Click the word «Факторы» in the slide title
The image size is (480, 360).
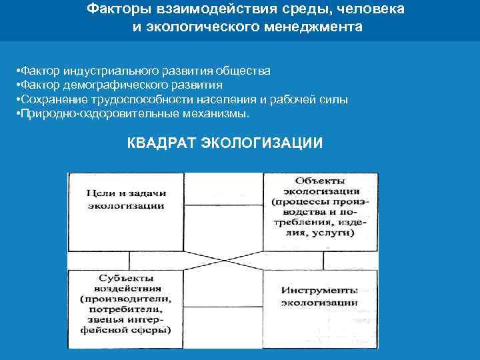114,10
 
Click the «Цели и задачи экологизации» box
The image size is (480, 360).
126,199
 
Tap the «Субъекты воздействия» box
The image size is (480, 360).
126,303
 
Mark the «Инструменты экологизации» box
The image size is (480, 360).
321,297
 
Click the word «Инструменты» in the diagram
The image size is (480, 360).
319,291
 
